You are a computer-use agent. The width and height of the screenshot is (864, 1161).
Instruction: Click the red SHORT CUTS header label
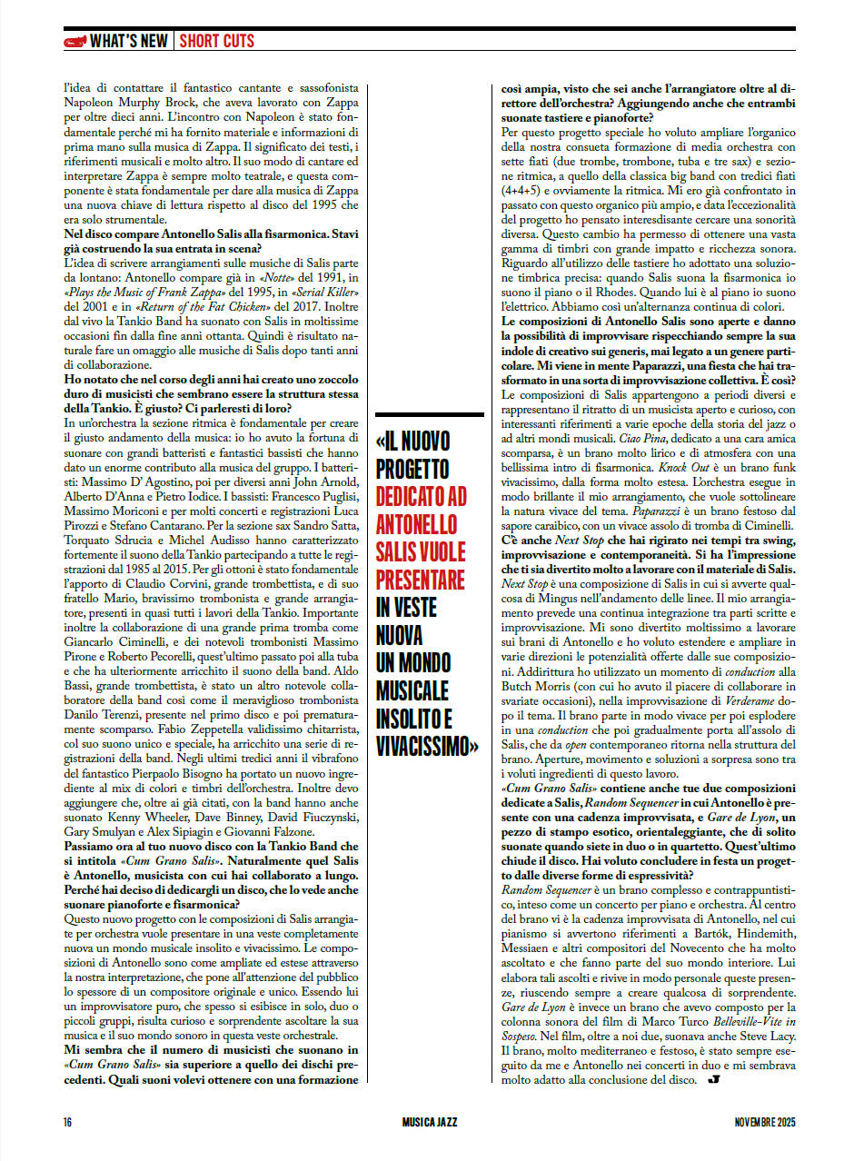pos(216,41)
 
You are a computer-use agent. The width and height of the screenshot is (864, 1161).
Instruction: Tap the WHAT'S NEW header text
pos(129,41)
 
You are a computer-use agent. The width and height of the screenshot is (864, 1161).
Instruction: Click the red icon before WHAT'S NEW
pos(75,41)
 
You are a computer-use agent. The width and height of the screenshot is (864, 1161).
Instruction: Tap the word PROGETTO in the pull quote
pos(412,469)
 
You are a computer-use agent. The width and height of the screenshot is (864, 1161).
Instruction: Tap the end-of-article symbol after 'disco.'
pos(712,1080)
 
